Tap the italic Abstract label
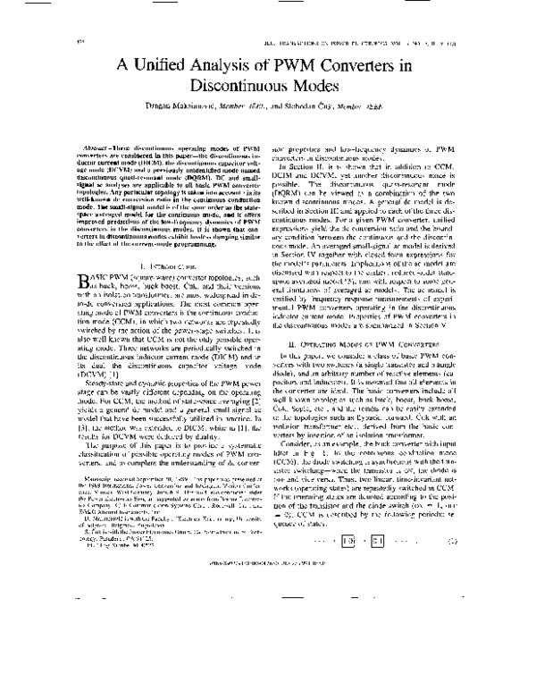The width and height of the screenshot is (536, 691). tap(121, 146)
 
